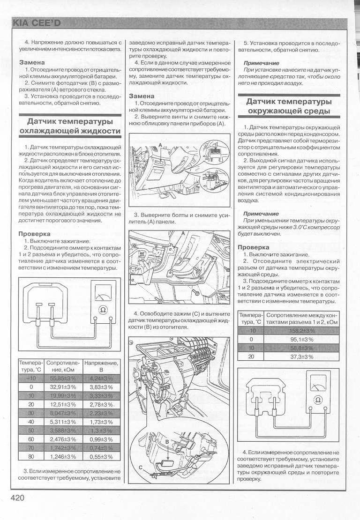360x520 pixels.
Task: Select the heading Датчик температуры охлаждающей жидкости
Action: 70,127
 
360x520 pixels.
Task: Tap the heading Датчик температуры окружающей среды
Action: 289,106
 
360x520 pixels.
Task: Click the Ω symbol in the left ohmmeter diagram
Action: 104,309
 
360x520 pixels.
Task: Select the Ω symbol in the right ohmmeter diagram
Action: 318,400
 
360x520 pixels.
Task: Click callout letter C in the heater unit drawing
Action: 141,467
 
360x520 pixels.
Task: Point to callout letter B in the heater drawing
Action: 166,442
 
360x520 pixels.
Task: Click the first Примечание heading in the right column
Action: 261,62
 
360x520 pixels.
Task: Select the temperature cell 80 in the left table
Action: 31,456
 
